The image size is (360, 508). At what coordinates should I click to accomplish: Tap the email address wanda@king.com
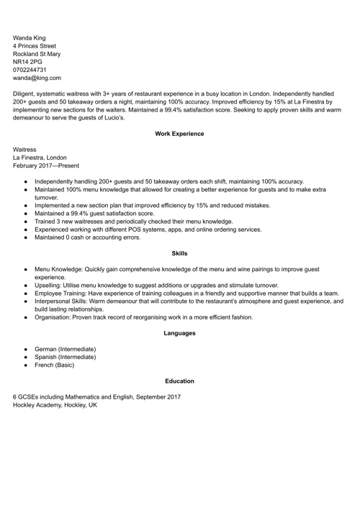tap(37, 78)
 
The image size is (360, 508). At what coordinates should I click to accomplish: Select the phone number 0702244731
tap(34, 70)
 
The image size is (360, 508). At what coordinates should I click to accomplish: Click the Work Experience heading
tap(179, 134)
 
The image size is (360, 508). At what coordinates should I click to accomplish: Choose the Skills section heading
tap(179, 253)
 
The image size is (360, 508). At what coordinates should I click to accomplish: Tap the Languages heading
tap(179, 333)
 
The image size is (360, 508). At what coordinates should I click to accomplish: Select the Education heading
tap(179, 381)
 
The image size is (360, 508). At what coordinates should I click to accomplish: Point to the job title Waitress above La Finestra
tap(25, 149)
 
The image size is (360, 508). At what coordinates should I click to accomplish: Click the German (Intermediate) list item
tap(65, 349)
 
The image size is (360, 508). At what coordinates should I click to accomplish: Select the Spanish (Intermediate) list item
tap(65, 357)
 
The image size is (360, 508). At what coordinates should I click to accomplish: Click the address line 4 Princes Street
tap(35, 45)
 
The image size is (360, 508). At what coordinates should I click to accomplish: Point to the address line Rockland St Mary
tap(37, 53)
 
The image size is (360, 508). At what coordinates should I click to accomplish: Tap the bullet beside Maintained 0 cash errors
tap(25, 237)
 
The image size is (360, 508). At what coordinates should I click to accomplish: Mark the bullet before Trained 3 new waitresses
tap(25, 222)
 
